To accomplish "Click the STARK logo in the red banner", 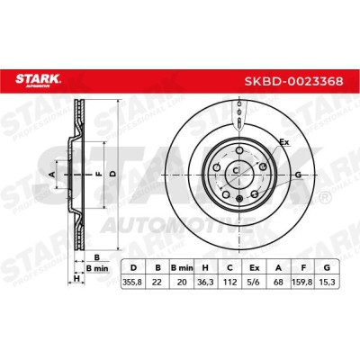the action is [38, 80].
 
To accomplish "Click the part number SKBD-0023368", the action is [293, 81].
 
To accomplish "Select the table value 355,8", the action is [132, 283].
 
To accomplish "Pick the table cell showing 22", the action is [157, 283].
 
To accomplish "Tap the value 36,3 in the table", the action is [206, 283].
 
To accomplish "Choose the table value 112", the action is [229, 283].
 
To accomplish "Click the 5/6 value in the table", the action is [255, 283].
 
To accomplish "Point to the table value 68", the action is [278, 283].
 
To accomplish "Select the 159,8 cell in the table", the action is [303, 283].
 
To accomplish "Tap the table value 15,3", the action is [327, 283].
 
